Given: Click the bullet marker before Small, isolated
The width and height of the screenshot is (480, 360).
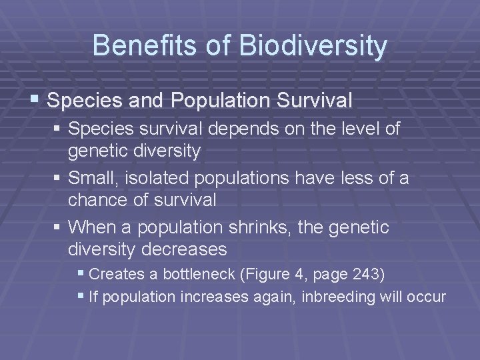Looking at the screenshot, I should click(59, 179).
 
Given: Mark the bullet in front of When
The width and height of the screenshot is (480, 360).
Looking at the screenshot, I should click(59, 228).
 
